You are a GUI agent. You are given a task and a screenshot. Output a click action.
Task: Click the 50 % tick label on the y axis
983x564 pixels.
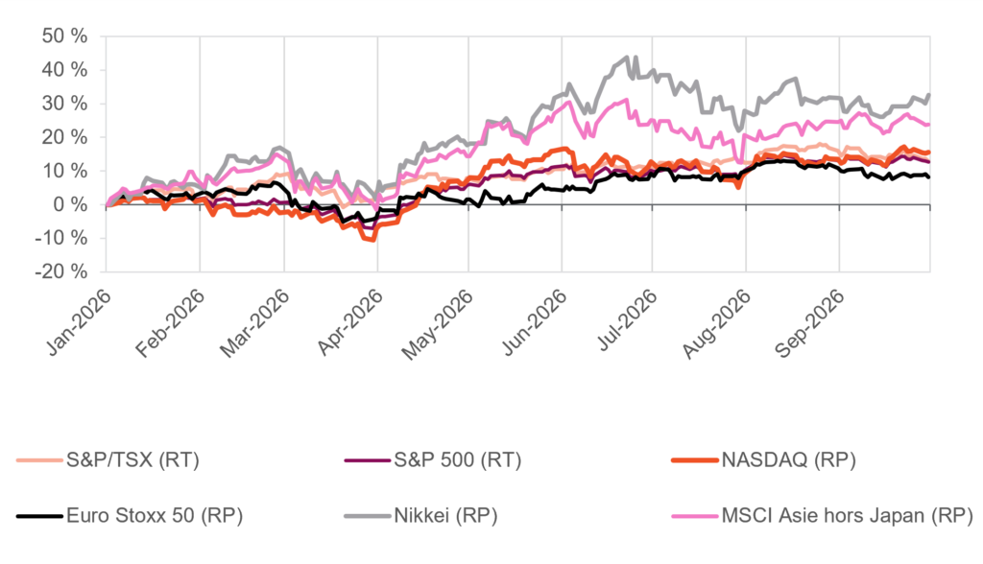click(64, 36)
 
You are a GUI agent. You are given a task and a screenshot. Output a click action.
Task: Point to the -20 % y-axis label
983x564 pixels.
click(60, 272)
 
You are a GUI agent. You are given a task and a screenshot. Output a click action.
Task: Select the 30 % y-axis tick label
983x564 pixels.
click(64, 104)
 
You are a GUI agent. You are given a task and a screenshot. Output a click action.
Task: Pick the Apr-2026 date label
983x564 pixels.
click(350, 322)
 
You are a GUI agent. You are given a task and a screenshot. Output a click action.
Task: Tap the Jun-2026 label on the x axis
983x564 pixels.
click(535, 322)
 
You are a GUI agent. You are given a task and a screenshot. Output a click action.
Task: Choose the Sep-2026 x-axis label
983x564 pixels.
click(812, 322)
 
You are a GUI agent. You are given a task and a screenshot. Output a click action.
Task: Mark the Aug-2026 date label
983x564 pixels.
click(717, 323)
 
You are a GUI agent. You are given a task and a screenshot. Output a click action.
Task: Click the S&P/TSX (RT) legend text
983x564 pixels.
click(132, 460)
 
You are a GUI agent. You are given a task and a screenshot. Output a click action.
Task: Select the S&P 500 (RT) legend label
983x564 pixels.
click(458, 460)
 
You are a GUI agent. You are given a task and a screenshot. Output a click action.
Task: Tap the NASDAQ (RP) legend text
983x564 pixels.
click(789, 460)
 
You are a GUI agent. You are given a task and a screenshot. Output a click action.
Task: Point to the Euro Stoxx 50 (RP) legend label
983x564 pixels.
click(155, 516)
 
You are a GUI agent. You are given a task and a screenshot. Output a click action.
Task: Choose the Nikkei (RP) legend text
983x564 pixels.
click(445, 516)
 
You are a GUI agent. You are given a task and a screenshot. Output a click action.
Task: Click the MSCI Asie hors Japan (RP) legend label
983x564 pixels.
click(847, 516)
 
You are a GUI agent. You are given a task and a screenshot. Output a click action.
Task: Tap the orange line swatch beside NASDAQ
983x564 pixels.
click(695, 460)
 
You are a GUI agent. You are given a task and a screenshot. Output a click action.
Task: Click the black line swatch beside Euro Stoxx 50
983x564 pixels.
click(39, 516)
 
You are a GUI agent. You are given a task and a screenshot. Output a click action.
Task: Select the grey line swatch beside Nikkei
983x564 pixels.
click(368, 516)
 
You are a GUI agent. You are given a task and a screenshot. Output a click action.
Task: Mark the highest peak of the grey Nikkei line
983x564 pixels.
click(628, 57)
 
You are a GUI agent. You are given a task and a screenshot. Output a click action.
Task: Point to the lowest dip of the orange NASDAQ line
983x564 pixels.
click(373, 240)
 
